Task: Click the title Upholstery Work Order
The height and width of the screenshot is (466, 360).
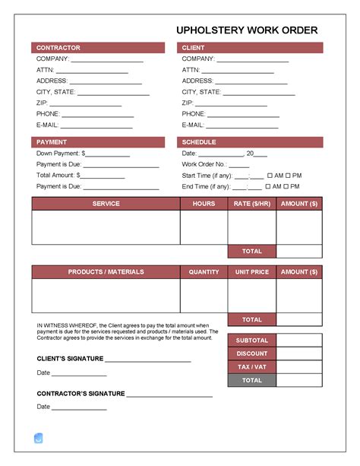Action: coord(247,30)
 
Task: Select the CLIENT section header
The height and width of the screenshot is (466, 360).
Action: coord(193,48)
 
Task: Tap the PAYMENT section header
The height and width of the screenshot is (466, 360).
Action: coord(52,142)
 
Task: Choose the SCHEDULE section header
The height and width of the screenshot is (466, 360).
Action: coord(199,142)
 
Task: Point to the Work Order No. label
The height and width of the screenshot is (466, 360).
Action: coord(204,164)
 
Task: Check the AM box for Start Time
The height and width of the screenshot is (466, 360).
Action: coord(269,175)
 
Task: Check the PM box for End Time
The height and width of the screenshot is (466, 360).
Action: coord(287,186)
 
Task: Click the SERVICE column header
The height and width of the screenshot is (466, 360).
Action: coord(106,204)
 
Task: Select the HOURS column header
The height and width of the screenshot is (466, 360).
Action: coord(204,204)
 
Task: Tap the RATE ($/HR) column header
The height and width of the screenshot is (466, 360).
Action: coord(251,204)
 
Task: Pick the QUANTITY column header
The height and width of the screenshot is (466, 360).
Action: coord(204,272)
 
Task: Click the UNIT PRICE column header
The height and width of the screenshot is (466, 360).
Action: coord(251,272)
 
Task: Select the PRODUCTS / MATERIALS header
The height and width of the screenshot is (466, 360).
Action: coord(106,272)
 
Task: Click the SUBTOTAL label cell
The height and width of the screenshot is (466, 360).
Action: coord(251,341)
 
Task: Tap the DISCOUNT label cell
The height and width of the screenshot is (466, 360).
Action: coord(251,353)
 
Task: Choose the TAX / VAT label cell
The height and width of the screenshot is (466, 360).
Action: coord(251,367)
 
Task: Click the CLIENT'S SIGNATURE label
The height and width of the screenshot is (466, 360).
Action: coord(70,358)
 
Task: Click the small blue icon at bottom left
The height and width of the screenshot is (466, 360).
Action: coord(39,438)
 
